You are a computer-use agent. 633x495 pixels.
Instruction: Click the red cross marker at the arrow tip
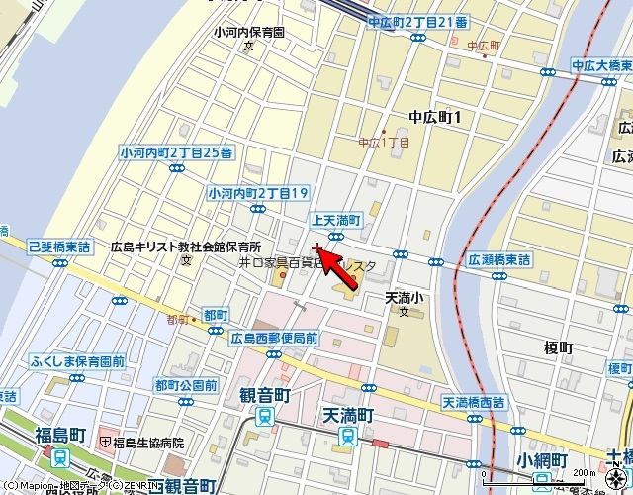coord(316,248)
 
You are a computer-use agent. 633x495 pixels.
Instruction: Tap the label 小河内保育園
coord(249,31)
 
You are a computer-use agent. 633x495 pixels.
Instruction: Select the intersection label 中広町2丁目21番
coord(417,21)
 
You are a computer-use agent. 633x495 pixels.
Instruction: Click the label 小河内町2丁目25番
coord(176,152)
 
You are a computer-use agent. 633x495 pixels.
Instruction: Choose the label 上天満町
coord(336,220)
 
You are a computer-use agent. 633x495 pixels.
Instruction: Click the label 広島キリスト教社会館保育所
coord(185,247)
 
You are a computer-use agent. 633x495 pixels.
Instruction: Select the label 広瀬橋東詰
coord(498,259)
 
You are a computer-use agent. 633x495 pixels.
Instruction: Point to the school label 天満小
coord(404,297)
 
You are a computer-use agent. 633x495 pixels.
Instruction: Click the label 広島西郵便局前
coord(274,338)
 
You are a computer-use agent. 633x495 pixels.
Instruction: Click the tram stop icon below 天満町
coord(346,436)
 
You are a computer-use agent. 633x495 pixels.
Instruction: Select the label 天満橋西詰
coord(473,403)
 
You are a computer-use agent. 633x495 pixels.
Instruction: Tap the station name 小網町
coord(541,461)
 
